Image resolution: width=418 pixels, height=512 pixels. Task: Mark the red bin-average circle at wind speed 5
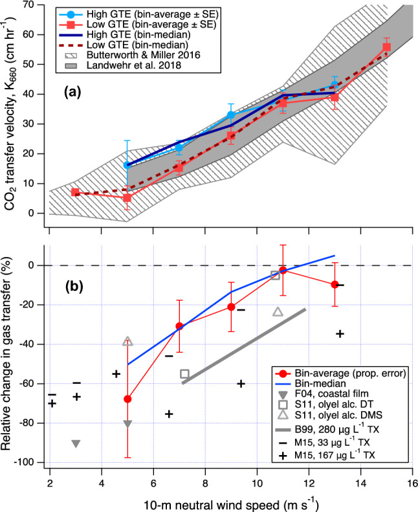click(x=127, y=399)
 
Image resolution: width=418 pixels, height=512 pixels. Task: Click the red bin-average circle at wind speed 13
click(x=335, y=284)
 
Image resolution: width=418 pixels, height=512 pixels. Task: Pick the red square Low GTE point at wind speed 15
click(x=386, y=47)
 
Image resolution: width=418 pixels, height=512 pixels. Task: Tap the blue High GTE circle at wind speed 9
click(x=231, y=115)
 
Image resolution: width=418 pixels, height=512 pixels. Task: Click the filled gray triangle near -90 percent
click(x=76, y=443)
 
